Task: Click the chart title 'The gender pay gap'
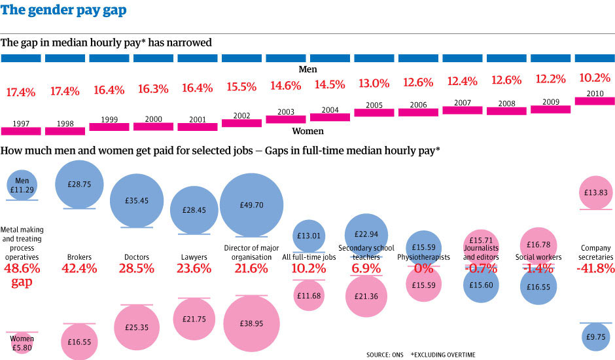coord(64,11)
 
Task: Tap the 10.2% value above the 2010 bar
coord(595,77)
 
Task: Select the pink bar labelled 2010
coord(595,101)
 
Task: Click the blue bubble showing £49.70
coord(252,204)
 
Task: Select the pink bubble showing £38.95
coord(252,324)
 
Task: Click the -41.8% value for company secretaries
coord(596,268)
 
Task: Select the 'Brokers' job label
coord(79,257)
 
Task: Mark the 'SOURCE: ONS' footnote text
coord(385,354)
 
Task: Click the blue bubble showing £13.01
coord(309,236)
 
